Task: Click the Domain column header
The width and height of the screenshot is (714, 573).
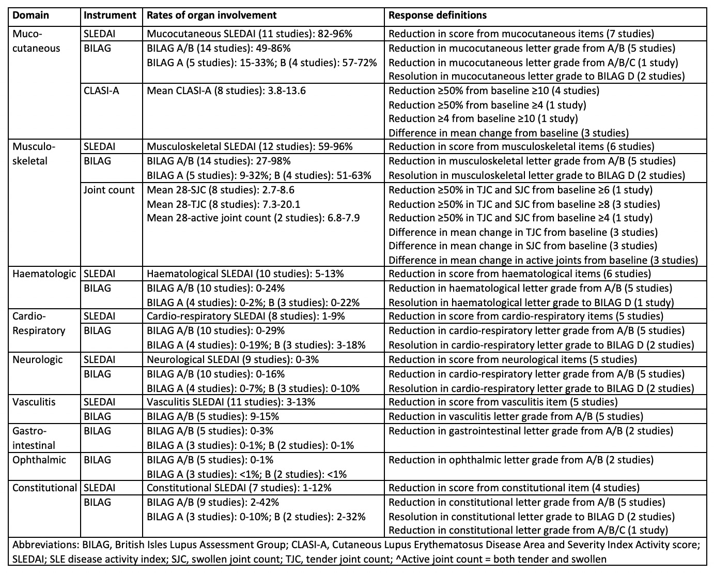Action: tap(30, 15)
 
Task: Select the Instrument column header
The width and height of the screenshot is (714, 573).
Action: tap(110, 15)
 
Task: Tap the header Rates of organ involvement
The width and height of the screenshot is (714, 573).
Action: tap(211, 15)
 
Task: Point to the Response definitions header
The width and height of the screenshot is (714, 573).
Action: tap(437, 15)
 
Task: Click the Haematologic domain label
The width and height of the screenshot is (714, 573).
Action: tap(44, 274)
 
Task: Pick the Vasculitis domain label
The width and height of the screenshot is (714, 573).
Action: tap(34, 402)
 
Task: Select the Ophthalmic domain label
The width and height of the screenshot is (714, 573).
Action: tap(39, 460)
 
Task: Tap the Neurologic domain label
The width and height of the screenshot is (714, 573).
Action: tap(37, 359)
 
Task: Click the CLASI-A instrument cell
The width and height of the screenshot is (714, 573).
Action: tap(101, 91)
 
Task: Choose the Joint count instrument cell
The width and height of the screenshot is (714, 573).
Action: tap(109, 190)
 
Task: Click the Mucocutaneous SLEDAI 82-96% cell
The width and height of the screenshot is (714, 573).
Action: tap(250, 34)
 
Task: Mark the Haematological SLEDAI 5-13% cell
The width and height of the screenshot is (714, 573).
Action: tap(245, 274)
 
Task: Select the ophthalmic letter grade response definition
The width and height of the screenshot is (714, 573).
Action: tap(521, 460)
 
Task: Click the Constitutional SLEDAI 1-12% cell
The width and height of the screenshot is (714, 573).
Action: tap(239, 488)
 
